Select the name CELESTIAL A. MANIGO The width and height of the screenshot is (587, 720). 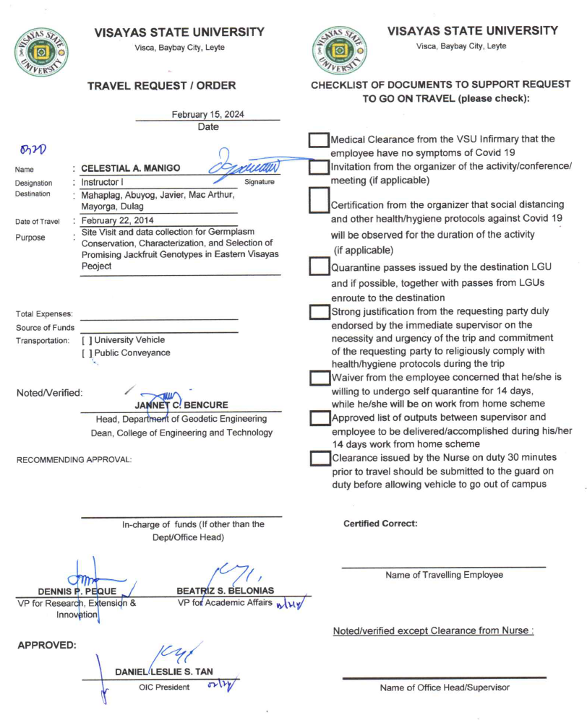point(130,168)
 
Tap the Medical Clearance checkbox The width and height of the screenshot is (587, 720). point(319,141)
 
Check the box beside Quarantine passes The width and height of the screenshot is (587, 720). point(319,267)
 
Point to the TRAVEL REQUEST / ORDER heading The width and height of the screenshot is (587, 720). point(161,86)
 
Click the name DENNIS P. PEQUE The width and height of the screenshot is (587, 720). point(72,591)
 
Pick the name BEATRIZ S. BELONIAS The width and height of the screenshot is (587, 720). point(226,591)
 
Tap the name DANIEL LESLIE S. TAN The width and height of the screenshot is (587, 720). point(164,672)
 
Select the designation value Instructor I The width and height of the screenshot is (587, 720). point(102,183)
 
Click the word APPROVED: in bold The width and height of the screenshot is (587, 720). point(47,645)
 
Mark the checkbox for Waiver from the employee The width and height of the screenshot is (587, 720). point(319,378)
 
